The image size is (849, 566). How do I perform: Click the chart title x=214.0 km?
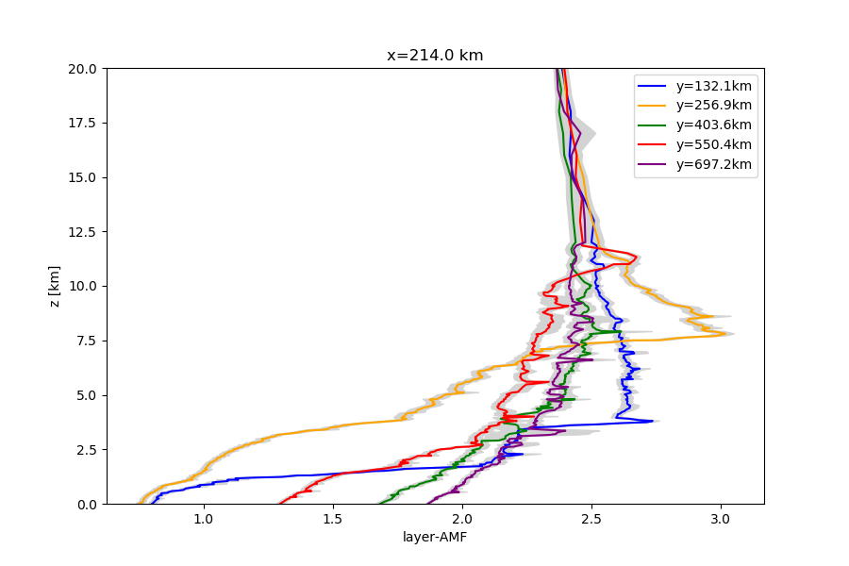(435, 56)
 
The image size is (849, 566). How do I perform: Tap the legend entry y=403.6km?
(714, 125)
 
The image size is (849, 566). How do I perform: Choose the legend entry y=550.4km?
(714, 144)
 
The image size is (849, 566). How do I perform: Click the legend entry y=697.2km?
(714, 164)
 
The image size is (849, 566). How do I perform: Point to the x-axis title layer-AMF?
(435, 537)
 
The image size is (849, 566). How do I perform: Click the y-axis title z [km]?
(55, 286)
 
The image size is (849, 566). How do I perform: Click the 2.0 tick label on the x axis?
(462, 518)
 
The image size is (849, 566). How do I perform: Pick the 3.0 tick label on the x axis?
(720, 518)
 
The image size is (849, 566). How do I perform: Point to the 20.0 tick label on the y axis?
(81, 68)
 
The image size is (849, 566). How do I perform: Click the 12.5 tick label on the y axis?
(81, 231)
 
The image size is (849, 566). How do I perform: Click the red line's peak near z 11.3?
(636, 257)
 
